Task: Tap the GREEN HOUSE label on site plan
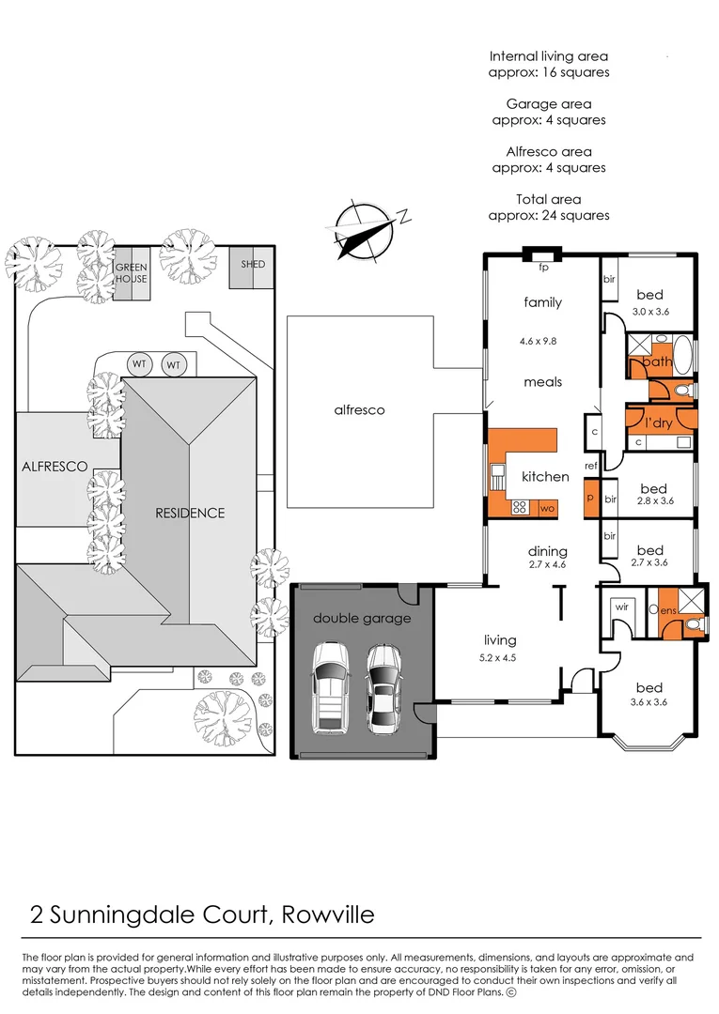pos(132,273)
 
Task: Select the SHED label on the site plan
pos(253,264)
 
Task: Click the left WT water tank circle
pos(139,363)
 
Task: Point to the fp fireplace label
pos(543,268)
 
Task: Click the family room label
pos(543,302)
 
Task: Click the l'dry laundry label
pos(657,423)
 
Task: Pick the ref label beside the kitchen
pos(591,466)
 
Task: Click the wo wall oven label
pos(547,508)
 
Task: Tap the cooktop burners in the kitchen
pos(519,507)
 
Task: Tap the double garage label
pos(362,618)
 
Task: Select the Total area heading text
pos(549,199)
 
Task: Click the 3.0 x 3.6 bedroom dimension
pos(649,312)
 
